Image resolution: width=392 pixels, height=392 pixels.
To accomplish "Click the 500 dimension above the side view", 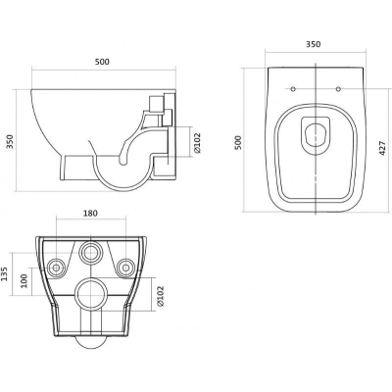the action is point(102,62).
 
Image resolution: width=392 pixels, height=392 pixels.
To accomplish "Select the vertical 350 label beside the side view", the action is point(11,141).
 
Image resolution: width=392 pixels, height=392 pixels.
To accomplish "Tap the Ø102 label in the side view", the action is point(197,143).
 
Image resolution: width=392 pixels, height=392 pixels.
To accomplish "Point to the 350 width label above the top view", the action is point(314,44).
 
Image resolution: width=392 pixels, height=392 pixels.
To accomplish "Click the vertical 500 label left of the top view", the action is point(238,142).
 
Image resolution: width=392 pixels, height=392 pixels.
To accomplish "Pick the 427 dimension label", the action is point(382,148).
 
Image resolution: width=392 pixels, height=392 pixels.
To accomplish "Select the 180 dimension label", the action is point(90,214).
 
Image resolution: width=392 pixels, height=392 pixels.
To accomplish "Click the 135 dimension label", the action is point(4,273).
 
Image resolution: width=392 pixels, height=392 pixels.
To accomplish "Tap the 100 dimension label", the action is point(24,280).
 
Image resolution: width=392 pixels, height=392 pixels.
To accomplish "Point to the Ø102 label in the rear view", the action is point(160,296).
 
